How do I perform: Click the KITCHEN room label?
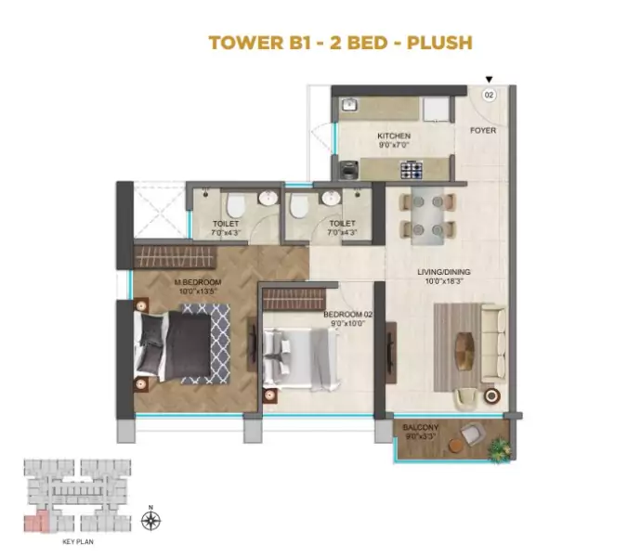point(394,136)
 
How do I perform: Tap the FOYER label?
point(483,130)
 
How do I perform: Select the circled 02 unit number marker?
point(489,96)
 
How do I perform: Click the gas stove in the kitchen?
point(411,170)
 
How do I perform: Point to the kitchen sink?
point(349,105)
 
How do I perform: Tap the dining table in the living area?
point(427,215)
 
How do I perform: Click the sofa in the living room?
point(493,343)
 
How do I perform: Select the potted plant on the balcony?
point(500,450)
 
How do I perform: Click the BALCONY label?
point(420,427)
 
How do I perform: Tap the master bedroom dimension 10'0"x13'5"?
point(198,291)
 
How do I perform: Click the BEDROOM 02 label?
point(347,315)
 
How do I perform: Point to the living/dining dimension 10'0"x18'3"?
point(444,281)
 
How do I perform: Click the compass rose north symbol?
point(150,520)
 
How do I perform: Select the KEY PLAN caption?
point(78,542)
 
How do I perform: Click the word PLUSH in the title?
point(439,43)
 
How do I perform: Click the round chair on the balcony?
point(471,434)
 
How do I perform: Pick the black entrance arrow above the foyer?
point(489,80)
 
